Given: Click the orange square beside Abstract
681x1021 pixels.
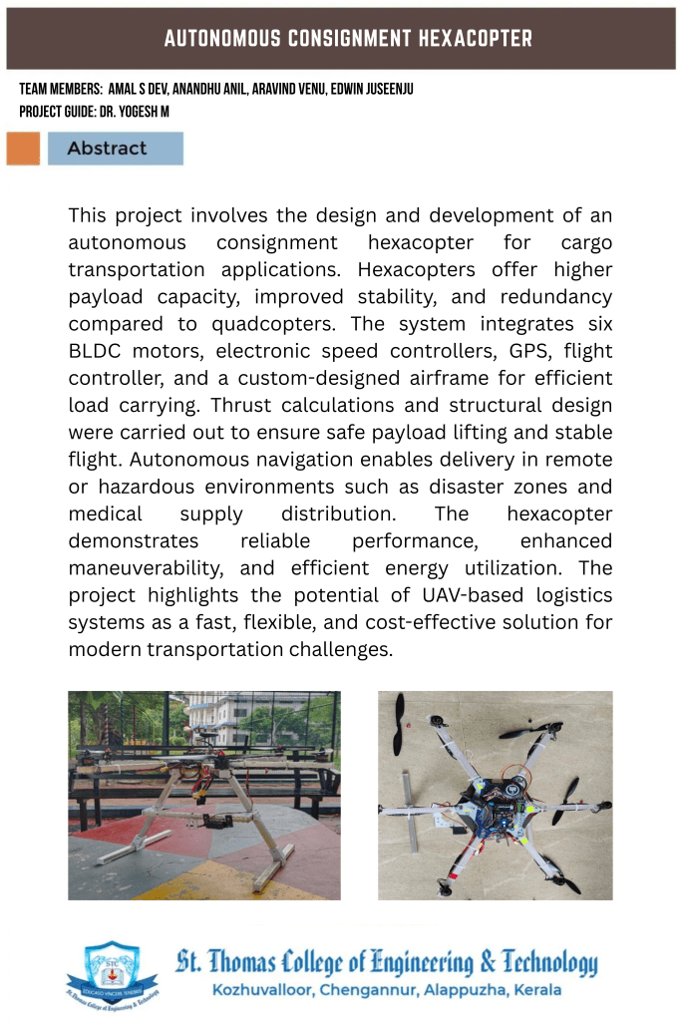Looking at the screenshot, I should pyautogui.click(x=23, y=149).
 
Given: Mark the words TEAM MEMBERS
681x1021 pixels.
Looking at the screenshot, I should pyautogui.click(x=61, y=90).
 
